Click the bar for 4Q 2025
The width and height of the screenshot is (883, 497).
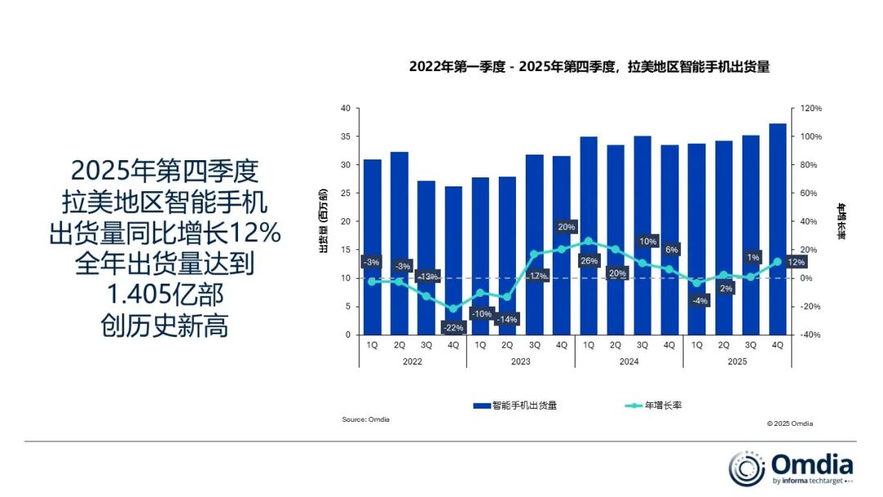[x=778, y=229]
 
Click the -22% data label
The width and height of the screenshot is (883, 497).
[x=453, y=328]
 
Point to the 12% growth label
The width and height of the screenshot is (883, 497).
[x=796, y=262]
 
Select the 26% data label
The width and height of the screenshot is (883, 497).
[x=589, y=261]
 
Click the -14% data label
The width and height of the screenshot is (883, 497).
[x=507, y=320]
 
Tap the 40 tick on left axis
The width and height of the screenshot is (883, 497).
[x=346, y=109]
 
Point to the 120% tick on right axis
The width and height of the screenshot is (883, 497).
[x=810, y=109]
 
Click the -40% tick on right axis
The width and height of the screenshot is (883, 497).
[x=810, y=335]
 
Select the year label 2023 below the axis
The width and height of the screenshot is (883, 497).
[x=521, y=361]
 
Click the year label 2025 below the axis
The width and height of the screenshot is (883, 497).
[x=737, y=361]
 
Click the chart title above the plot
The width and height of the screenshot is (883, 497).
[x=589, y=68]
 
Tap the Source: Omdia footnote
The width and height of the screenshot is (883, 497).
[x=365, y=419]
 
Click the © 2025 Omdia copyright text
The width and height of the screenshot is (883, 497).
[x=790, y=423]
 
